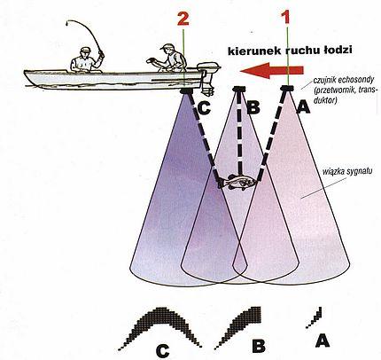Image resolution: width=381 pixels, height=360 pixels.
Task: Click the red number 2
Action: pos(183,20)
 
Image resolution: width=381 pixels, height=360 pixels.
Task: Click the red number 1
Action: pos(286,18)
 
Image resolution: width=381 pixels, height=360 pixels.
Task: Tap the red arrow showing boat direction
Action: pos(272,71)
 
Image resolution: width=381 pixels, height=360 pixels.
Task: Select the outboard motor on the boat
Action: pos(207,78)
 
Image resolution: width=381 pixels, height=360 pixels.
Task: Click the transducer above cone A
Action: pos(287,88)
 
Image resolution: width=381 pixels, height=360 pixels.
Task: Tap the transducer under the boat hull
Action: pos(186,90)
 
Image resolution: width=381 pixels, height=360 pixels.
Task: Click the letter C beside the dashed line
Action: pos(204,108)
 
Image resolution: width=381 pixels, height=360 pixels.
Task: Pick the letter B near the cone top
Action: pos(253,107)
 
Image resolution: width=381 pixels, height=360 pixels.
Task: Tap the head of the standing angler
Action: pos(85,52)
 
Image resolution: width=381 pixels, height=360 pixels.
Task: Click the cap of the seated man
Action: pos(167,46)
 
